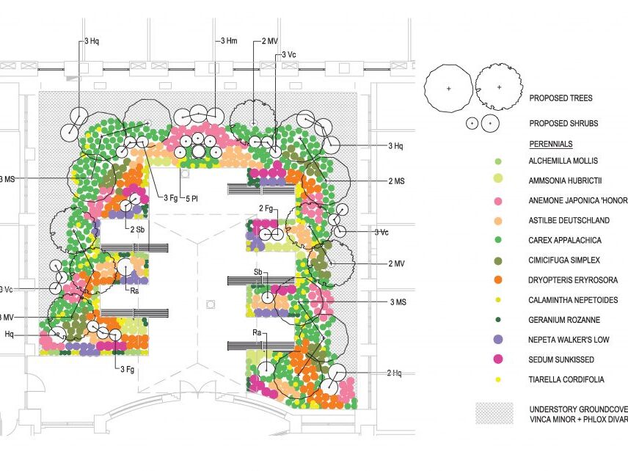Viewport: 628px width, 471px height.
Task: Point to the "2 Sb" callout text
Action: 138,230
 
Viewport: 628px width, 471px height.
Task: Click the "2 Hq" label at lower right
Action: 394,373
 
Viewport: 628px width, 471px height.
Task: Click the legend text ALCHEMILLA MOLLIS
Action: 563,161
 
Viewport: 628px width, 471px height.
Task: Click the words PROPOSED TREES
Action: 561,98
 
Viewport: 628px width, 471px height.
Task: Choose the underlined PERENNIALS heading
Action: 550,144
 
